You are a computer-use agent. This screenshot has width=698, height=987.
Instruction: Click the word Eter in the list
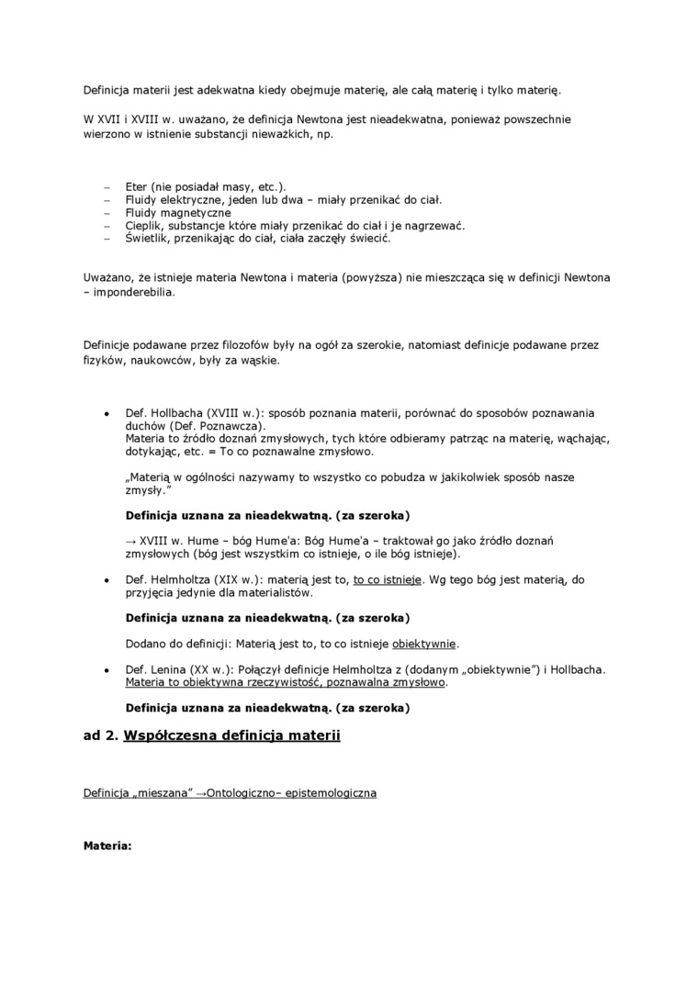tap(137, 186)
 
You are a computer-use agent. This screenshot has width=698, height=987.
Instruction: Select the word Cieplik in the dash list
tap(145, 225)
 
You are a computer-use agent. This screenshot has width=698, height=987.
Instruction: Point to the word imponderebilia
tap(132, 293)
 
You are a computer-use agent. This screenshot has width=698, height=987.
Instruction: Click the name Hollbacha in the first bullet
tap(175, 413)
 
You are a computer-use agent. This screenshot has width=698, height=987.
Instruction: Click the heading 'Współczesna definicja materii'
tap(231, 735)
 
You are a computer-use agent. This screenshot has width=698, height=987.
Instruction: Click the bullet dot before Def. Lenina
tap(107, 669)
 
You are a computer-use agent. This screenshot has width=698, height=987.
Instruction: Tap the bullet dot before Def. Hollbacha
tap(107, 413)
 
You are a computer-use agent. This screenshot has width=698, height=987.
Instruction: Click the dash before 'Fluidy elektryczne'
tap(107, 199)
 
